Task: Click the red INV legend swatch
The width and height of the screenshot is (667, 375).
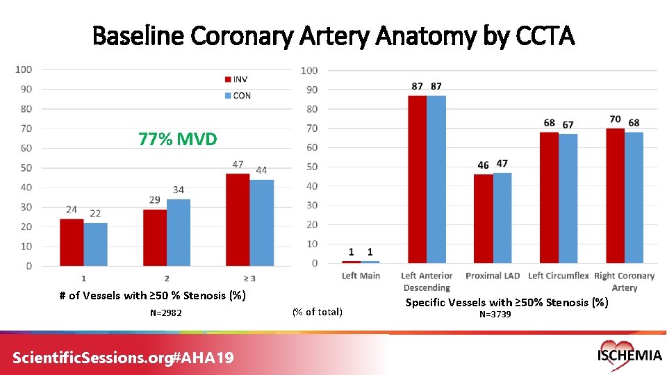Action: (227, 79)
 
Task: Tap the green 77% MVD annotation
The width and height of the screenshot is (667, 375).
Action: (178, 140)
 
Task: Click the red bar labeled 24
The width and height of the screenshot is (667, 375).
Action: (72, 242)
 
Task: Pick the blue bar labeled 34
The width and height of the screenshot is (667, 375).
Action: (179, 233)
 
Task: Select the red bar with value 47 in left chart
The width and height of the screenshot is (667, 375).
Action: (238, 219)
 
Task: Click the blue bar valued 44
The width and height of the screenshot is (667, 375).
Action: (262, 222)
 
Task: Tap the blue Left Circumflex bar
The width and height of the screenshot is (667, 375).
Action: (568, 198)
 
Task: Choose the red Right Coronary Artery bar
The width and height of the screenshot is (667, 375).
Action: (614, 195)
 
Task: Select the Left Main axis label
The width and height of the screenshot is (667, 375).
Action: (361, 276)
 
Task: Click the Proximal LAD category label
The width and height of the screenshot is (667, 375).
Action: (493, 276)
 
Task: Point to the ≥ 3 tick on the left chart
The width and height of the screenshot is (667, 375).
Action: (249, 278)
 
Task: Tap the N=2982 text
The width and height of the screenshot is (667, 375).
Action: (166, 313)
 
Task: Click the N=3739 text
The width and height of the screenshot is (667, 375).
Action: (495, 315)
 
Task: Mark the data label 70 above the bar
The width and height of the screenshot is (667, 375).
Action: (615, 120)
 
